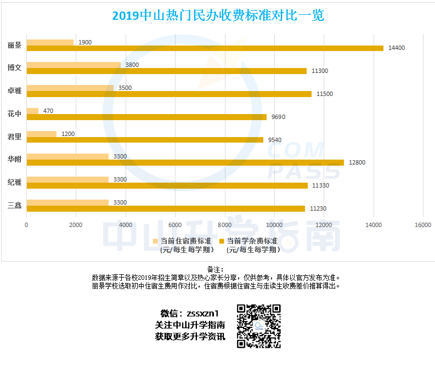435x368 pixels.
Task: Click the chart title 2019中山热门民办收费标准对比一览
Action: [218, 16]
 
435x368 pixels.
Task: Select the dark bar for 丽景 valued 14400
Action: [205, 48]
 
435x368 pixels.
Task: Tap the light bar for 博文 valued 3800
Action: [74, 65]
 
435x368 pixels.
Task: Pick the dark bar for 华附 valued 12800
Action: [185, 162]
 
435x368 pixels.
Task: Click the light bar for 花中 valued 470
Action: [32, 111]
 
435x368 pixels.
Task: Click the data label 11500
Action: [325, 94]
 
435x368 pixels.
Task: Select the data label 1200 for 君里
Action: [67, 134]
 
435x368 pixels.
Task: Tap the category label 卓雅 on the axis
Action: [15, 91]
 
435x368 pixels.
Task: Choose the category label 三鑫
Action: [15, 206]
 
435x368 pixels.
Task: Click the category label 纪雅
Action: [15, 183]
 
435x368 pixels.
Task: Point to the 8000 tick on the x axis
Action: [224, 225]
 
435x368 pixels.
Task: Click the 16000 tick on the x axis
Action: [422, 225]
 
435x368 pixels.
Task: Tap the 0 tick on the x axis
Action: [26, 225]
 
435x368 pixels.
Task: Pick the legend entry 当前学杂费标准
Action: [252, 241]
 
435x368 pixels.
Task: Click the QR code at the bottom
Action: [259, 326]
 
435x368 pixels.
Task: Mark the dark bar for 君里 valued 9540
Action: [145, 139]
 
